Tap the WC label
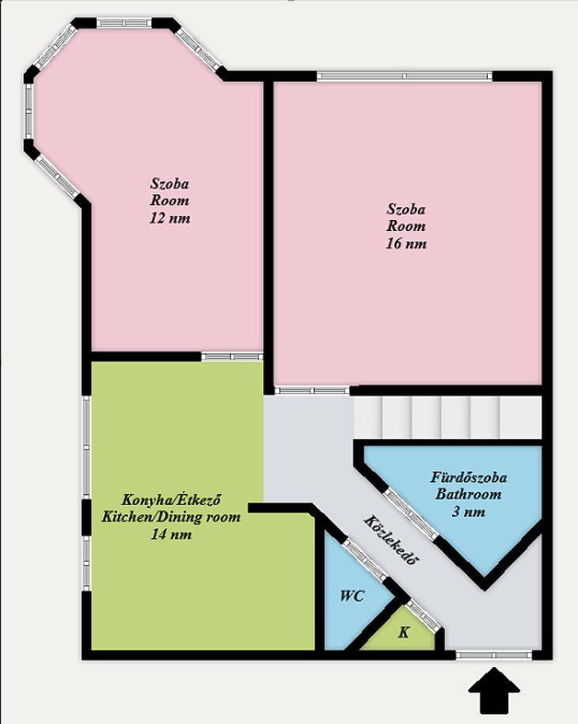(x=352, y=596)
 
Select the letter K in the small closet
(x=404, y=632)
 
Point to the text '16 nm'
(x=406, y=244)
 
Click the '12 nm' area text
(x=169, y=218)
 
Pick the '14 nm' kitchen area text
(x=171, y=534)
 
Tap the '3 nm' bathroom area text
(x=469, y=512)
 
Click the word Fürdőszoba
(x=469, y=477)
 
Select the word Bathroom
(x=469, y=494)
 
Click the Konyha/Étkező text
(x=170, y=499)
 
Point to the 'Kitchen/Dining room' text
(x=171, y=517)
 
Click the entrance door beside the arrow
(x=494, y=654)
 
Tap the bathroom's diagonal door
(x=411, y=514)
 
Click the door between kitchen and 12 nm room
(x=232, y=356)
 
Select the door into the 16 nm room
(x=312, y=391)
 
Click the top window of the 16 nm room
(x=405, y=76)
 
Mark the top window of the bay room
(x=125, y=23)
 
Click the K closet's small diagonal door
(x=424, y=616)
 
